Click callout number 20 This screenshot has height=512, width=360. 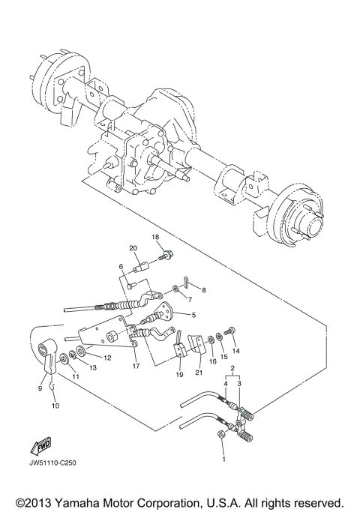tap(133, 248)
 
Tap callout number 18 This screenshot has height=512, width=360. tap(156, 237)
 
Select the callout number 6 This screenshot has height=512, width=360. tap(119, 267)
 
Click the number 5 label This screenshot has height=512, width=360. tap(193, 315)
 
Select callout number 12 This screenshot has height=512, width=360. tap(107, 358)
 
